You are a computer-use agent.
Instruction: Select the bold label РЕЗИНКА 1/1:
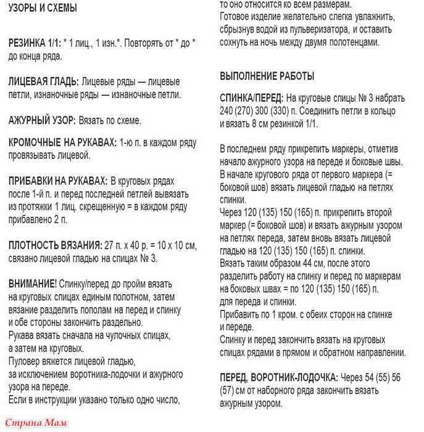(x=36, y=45)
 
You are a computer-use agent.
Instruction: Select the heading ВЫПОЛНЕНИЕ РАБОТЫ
(x=267, y=77)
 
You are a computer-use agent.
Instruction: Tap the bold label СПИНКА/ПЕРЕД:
(x=252, y=99)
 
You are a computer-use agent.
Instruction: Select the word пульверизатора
(x=349, y=30)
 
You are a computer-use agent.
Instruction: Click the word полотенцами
(x=352, y=43)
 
